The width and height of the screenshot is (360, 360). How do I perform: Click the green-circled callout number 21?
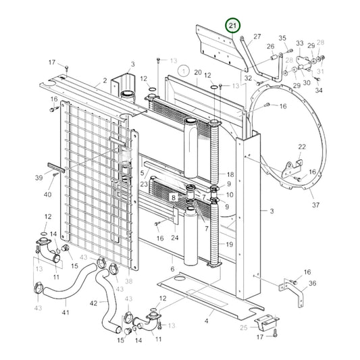[233, 26]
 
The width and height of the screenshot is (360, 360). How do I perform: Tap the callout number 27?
[257, 36]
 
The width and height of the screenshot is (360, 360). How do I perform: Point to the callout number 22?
[302, 147]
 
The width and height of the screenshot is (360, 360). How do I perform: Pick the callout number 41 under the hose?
[66, 313]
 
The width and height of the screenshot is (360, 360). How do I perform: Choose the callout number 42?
[94, 303]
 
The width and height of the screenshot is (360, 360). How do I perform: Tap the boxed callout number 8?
[173, 198]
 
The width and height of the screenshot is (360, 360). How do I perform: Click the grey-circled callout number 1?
[182, 70]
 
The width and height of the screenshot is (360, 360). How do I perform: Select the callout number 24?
[174, 238]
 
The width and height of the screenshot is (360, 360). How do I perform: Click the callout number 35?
[282, 38]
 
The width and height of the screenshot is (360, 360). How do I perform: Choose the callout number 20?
[197, 72]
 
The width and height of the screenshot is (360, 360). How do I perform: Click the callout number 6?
[172, 269]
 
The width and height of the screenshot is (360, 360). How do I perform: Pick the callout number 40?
[47, 195]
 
